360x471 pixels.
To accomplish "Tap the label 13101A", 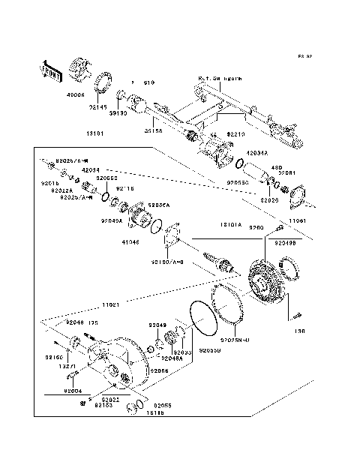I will (x=229, y=223).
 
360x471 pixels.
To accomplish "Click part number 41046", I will (x=131, y=241).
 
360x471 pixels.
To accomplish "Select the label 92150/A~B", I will (x=166, y=262).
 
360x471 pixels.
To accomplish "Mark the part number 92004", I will (x=73, y=391).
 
